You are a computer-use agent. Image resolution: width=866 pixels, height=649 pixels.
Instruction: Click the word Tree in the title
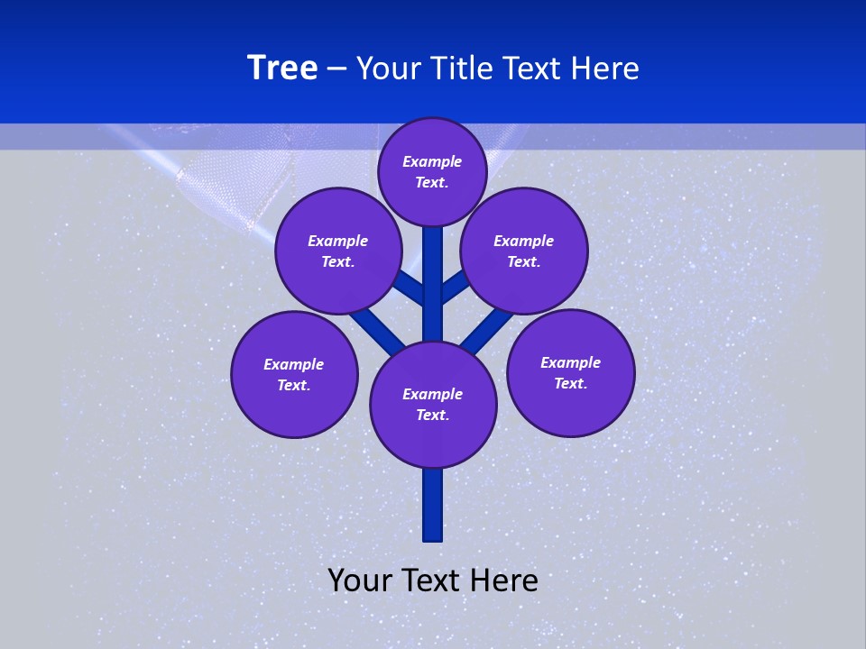282,69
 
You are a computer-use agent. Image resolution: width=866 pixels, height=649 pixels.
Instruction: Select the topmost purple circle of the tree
432,171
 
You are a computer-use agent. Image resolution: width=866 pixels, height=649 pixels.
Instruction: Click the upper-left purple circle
338,251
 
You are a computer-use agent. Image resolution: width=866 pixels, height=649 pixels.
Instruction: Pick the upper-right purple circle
524,251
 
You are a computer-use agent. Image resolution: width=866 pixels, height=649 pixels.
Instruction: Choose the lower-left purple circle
294,374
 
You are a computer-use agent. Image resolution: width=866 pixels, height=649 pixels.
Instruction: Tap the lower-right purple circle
571,372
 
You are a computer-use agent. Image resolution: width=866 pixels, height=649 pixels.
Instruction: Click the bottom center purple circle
433,404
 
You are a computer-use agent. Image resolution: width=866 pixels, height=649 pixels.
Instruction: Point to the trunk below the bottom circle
433,505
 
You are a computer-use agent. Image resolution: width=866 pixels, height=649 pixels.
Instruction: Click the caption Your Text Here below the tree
433,580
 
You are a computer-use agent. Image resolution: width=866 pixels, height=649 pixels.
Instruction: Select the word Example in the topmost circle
432,161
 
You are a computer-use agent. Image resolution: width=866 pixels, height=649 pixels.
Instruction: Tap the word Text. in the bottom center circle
433,415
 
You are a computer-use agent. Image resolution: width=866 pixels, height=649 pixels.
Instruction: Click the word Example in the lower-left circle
294,364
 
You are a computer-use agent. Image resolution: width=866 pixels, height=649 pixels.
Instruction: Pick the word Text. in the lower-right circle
571,383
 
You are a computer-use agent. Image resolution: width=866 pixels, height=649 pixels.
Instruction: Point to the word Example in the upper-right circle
524,241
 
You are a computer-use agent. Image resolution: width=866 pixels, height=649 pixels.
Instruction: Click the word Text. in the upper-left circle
338,261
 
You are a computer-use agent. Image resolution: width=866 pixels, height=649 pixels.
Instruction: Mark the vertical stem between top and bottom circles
433,288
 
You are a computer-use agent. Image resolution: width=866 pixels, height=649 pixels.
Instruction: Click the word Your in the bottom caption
359,580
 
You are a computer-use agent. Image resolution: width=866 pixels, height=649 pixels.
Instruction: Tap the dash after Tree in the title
337,69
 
